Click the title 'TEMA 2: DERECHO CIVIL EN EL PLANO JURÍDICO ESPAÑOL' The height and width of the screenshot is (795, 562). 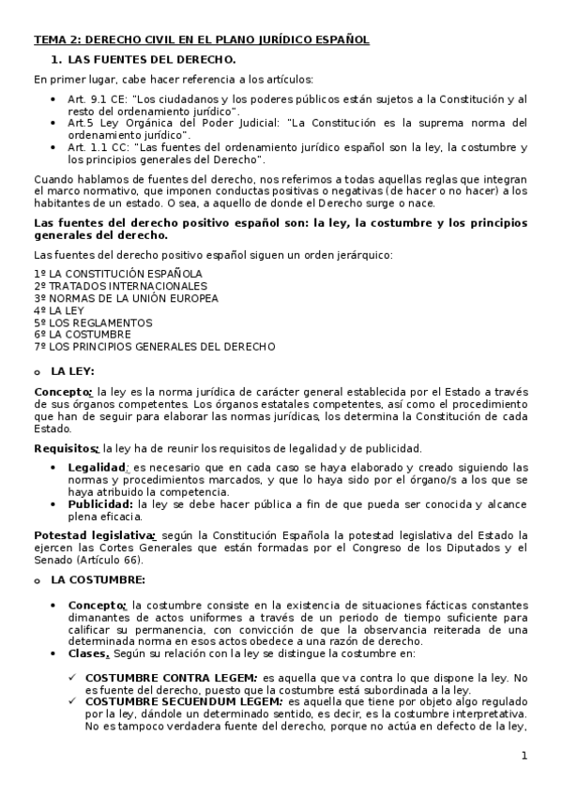tap(201, 39)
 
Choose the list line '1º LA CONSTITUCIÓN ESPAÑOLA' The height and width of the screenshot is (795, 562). tap(117, 274)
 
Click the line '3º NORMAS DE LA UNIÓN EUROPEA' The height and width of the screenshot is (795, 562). tap(126, 298)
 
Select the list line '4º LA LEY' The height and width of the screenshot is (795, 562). tap(59, 310)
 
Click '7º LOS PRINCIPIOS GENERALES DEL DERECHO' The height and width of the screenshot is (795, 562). tap(154, 346)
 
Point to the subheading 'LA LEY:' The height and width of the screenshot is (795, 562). tap(72, 371)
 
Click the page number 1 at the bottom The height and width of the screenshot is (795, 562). tap(524, 756)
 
